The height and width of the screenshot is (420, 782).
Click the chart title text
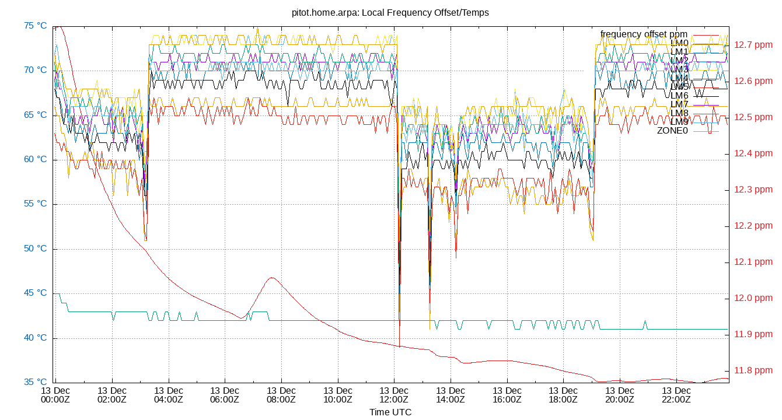click(x=390, y=12)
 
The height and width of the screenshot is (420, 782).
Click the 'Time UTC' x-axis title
click(x=390, y=412)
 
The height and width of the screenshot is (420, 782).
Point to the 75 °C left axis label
click(x=36, y=26)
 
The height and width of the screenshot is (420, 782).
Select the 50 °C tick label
click(x=36, y=249)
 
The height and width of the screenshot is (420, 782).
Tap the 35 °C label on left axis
click(x=36, y=383)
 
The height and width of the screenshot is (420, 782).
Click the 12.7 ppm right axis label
click(x=753, y=44)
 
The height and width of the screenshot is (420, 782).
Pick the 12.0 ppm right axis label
click(x=753, y=298)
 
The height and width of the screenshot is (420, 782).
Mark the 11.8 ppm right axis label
click(x=753, y=370)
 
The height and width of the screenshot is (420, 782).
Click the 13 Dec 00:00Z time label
click(x=55, y=395)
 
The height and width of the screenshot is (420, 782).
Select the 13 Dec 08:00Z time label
click(x=281, y=395)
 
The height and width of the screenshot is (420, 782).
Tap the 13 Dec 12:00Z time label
click(x=394, y=395)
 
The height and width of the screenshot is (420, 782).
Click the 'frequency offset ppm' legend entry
click(x=644, y=34)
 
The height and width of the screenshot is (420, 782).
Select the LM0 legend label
click(x=679, y=43)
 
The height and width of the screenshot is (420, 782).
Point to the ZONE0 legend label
click(x=672, y=131)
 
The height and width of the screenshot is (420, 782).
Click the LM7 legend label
click(x=679, y=104)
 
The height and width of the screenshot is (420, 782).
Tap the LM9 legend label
click(x=679, y=122)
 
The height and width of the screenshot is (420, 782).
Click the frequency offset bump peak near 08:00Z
click(x=271, y=278)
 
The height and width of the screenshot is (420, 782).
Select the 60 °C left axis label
click(x=36, y=160)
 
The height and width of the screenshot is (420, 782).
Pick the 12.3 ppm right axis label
click(x=753, y=190)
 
